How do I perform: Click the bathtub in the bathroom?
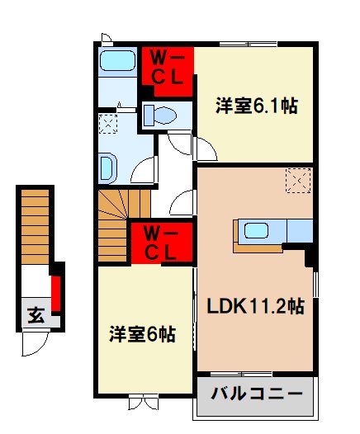pyautogui.click(x=116, y=61)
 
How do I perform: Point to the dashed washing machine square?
pyautogui.click(x=107, y=124)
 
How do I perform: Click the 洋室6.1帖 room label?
pyautogui.click(x=257, y=105)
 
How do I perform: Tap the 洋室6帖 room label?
pyautogui.click(x=143, y=334)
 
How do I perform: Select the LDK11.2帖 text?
pyautogui.click(x=255, y=307)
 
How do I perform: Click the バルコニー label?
pyautogui.click(x=256, y=393)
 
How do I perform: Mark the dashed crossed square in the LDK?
pyautogui.click(x=298, y=178)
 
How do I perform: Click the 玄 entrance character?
pyautogui.click(x=36, y=314)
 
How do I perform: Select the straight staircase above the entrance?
pyautogui.click(x=36, y=224)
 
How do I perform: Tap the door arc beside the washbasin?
pyautogui.click(x=143, y=171)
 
